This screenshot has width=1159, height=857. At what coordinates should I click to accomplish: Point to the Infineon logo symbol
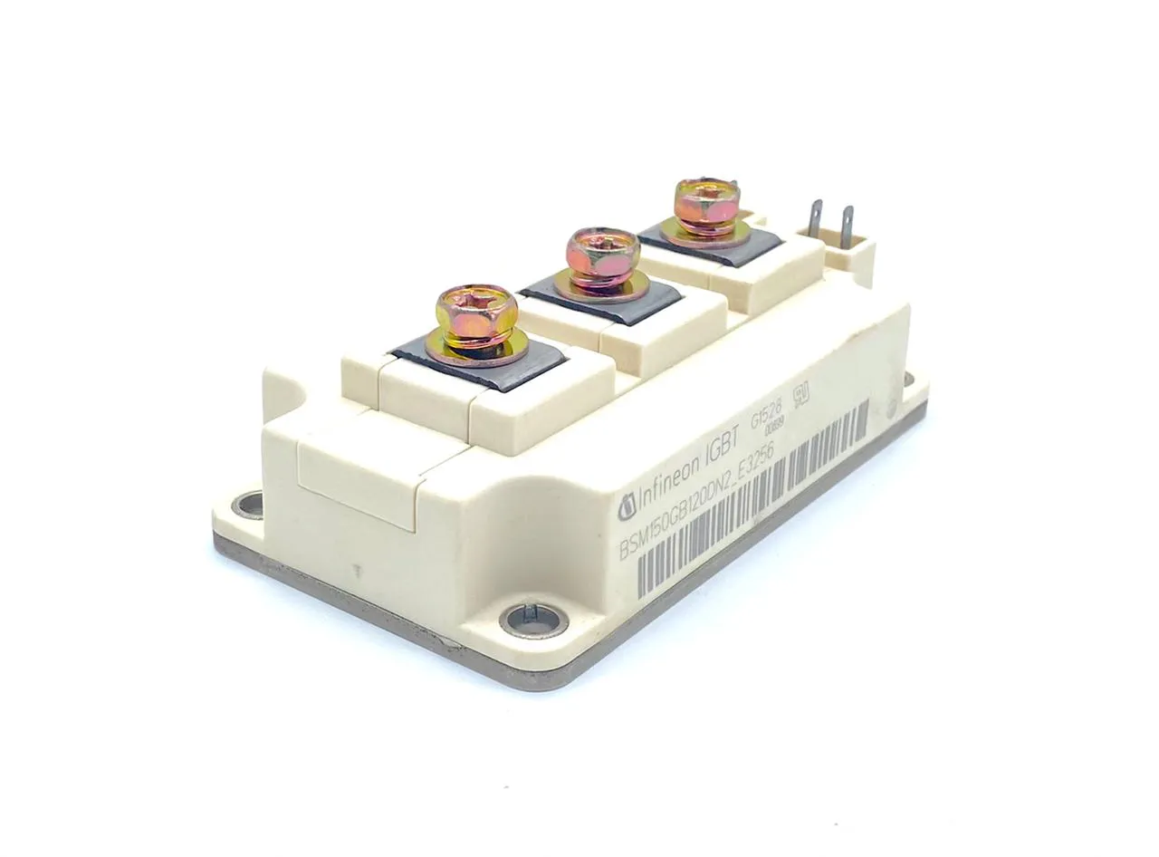coord(626,508)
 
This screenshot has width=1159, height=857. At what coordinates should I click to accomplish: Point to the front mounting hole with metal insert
coord(534,620)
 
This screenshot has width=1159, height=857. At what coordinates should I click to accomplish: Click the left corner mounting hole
coord(247,503)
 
